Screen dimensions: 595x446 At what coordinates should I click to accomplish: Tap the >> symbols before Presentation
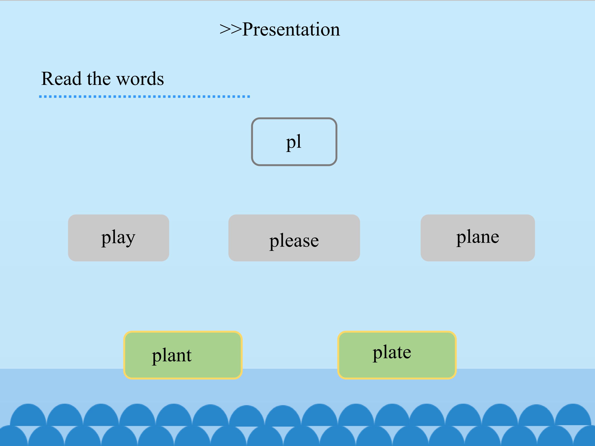tap(231, 30)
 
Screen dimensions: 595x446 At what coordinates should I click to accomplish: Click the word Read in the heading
tap(61, 78)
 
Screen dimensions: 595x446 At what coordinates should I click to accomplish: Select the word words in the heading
tap(140, 78)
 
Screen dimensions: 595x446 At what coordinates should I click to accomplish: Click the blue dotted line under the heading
tap(145, 96)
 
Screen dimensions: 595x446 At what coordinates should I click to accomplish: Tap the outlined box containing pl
tap(294, 119)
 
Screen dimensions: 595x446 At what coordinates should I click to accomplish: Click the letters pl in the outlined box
tap(294, 142)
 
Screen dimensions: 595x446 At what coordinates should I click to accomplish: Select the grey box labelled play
tap(118, 238)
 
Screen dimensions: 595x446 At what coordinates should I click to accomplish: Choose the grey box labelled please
tap(294, 238)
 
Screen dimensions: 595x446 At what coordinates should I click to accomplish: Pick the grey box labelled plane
tap(478, 238)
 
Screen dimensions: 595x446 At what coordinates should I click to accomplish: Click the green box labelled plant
tap(183, 355)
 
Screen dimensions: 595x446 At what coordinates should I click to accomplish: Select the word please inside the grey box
tap(294, 241)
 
